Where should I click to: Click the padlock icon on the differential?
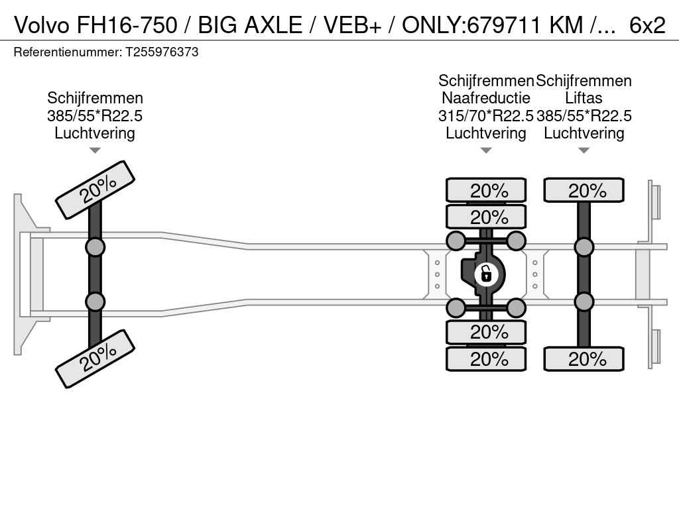pyautogui.click(x=486, y=272)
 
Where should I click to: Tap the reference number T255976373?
pyautogui.click(x=162, y=52)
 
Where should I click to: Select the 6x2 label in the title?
pyautogui.click(x=647, y=25)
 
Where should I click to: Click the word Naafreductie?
pyautogui.click(x=486, y=98)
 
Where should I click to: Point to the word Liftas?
pyautogui.click(x=584, y=98)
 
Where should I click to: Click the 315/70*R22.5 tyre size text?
pyautogui.click(x=486, y=116)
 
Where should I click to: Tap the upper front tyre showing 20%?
pyautogui.click(x=95, y=190)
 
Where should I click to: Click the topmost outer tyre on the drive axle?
pyautogui.click(x=486, y=190)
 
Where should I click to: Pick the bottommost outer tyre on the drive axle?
pyautogui.click(x=486, y=359)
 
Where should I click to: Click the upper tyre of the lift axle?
pyautogui.click(x=584, y=190)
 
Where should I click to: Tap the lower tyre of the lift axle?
pyautogui.click(x=584, y=359)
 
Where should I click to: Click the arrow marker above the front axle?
pyautogui.click(x=95, y=150)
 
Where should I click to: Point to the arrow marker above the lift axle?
pyautogui.click(x=584, y=150)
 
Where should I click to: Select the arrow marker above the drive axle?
pyautogui.click(x=486, y=150)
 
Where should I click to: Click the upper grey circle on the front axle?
pyautogui.click(x=95, y=247)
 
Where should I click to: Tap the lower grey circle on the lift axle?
pyautogui.click(x=584, y=302)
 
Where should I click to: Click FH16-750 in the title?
pyautogui.click(x=127, y=25)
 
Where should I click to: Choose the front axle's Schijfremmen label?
pyautogui.click(x=95, y=98)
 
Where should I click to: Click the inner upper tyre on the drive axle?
pyautogui.click(x=486, y=217)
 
